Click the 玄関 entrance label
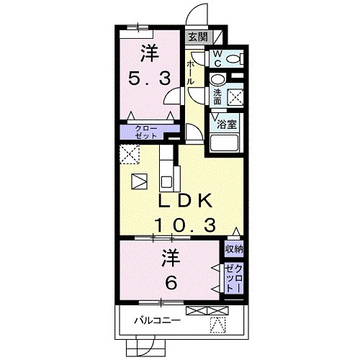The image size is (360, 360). click(x=197, y=37)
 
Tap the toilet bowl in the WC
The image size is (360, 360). click(x=234, y=58)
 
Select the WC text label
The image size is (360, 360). click(x=217, y=58)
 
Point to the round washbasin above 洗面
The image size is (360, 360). click(x=218, y=80)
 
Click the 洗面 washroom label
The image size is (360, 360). click(x=217, y=97)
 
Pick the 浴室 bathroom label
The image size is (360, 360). click(x=227, y=125)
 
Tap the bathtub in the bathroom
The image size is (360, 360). click(x=224, y=143)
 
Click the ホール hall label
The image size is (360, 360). click(x=191, y=72)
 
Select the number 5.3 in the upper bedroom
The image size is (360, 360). click(x=150, y=78)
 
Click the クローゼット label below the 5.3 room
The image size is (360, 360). click(x=145, y=132)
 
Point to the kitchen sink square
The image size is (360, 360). click(x=166, y=182)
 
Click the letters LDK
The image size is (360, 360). click(x=185, y=201)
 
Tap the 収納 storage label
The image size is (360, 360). click(x=234, y=249)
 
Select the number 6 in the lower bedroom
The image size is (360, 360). click(x=171, y=283)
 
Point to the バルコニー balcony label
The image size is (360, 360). click(x=157, y=320)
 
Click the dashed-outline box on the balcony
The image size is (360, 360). click(x=218, y=325)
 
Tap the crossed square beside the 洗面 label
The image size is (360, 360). click(x=235, y=97)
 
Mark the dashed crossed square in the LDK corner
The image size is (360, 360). click(x=130, y=154)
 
